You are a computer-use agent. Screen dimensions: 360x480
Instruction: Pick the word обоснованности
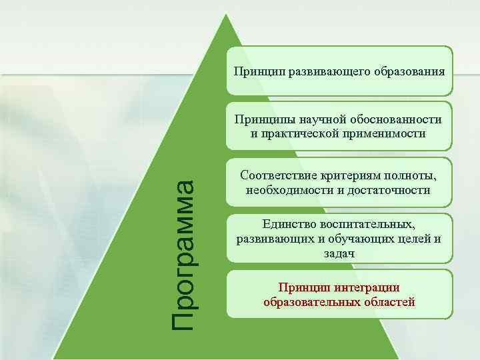pyautogui.click(x=393, y=120)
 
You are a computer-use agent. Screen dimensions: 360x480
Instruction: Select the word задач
pyautogui.click(x=340, y=254)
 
